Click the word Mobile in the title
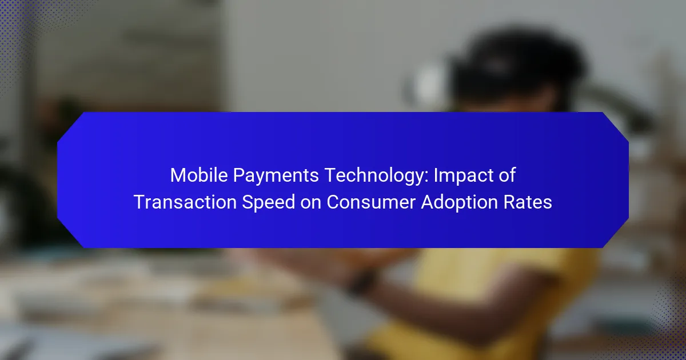[x=199, y=175]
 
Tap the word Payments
[x=276, y=176]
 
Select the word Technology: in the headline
[x=376, y=177]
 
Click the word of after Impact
[x=506, y=175]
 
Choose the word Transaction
[x=185, y=202]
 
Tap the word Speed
[x=268, y=203]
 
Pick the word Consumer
[x=371, y=202]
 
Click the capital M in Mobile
[x=177, y=175]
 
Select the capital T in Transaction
[x=139, y=202]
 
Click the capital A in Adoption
[x=428, y=202]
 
